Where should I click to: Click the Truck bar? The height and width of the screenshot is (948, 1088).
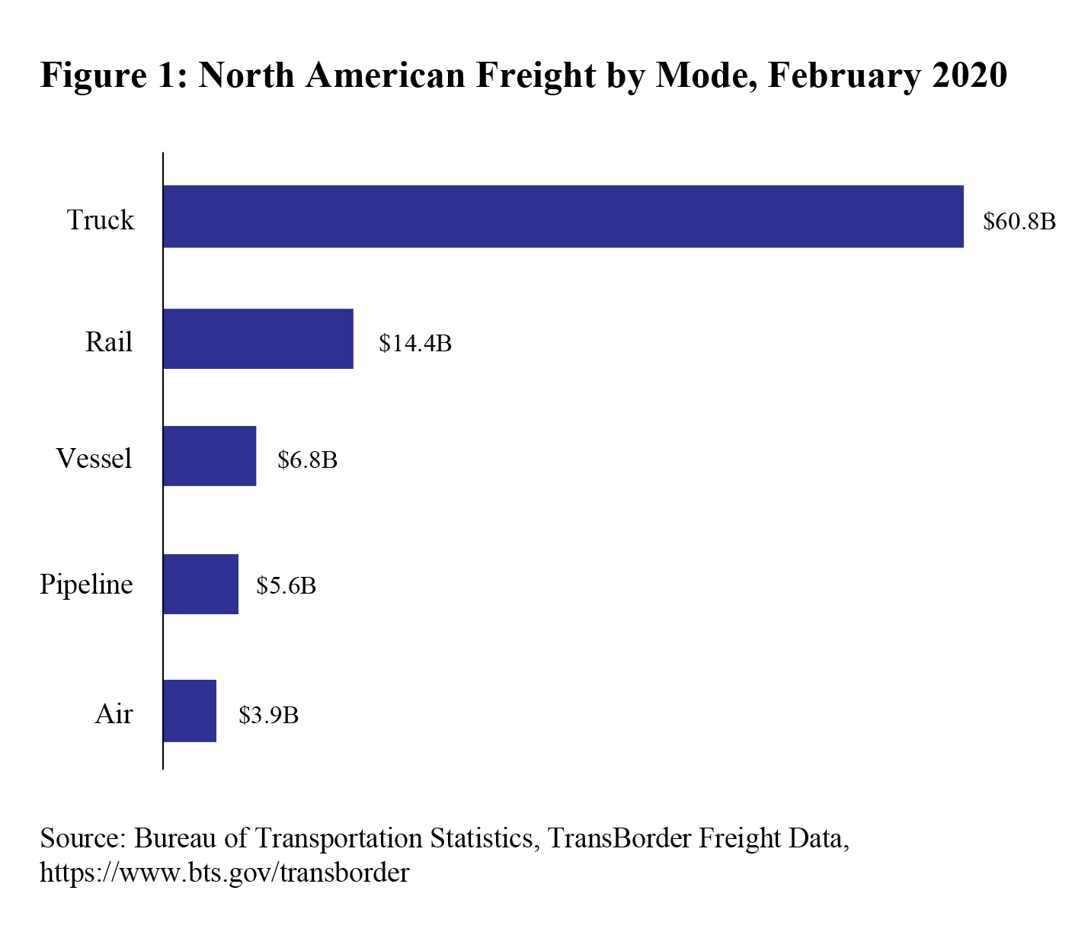563,216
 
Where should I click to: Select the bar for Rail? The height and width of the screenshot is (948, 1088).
258,339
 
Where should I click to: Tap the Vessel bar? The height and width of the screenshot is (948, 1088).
210,456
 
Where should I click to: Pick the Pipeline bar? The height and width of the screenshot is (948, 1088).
200,584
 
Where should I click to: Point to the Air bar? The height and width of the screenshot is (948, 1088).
190,711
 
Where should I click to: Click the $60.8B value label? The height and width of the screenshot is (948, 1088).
1019,222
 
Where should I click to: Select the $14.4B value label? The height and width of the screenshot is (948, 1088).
415,344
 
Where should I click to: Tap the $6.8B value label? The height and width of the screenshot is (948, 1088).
307,460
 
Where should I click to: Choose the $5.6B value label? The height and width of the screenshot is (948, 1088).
286,586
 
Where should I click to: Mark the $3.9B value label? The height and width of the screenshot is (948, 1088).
268,716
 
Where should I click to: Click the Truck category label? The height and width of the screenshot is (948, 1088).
101,220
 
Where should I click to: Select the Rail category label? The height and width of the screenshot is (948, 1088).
109,342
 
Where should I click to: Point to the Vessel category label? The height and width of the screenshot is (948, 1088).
94,459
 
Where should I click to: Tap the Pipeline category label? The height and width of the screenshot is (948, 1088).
86,585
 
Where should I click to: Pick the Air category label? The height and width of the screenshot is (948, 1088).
114,714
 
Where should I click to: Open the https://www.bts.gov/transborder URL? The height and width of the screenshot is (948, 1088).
224,873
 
